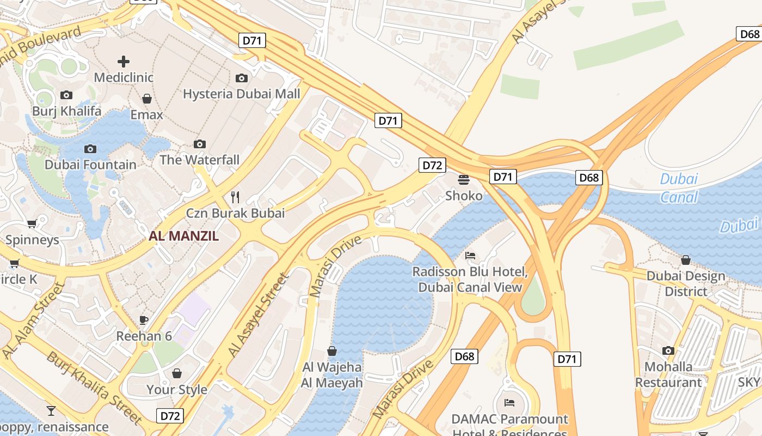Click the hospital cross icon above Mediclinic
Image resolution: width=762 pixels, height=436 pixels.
point(124,61)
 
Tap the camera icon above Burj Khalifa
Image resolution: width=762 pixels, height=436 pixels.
point(66,95)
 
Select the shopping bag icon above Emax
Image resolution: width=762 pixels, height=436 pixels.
point(146,99)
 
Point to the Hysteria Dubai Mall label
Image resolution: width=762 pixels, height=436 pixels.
point(241,94)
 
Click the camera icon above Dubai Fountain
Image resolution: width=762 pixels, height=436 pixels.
point(90,149)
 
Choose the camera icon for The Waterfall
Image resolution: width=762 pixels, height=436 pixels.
point(200,144)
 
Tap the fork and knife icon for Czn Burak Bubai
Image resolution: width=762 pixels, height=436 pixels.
point(235,197)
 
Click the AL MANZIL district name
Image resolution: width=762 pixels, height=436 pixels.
point(184,236)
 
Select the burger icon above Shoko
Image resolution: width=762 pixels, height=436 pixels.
point(464,179)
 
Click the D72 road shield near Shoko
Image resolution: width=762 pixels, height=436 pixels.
point(432,165)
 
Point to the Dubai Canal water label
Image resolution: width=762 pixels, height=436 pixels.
point(679,188)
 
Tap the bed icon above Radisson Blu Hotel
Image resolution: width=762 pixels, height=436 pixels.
point(470,255)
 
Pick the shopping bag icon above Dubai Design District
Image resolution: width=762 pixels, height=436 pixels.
point(686,260)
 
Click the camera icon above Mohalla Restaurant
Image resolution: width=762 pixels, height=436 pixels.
point(668,350)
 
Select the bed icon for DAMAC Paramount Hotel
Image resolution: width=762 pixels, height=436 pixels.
point(509,403)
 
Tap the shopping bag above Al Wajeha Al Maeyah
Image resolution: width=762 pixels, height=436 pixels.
point(332,351)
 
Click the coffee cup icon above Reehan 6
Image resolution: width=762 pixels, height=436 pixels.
point(144,320)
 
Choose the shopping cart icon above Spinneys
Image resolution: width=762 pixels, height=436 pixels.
point(32,223)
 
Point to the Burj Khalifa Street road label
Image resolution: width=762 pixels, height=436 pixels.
point(94,387)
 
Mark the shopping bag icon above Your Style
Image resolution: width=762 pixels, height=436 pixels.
point(177,373)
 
